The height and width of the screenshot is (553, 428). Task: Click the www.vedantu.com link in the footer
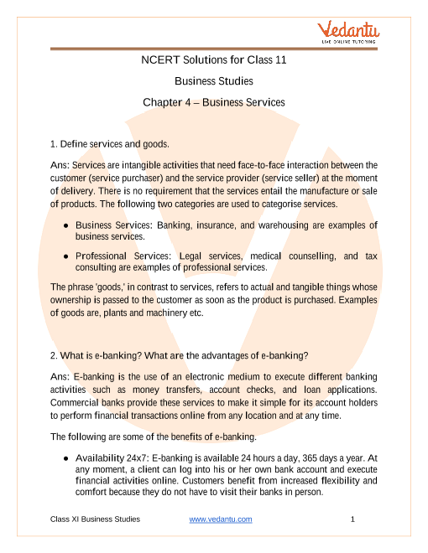(x=221, y=520)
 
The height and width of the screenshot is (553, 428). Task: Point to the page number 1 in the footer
(x=353, y=520)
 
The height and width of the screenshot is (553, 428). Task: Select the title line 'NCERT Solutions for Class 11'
(x=213, y=60)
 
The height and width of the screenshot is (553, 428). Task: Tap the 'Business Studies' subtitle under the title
(x=213, y=81)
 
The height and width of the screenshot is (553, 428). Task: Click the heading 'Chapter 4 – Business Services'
(x=213, y=102)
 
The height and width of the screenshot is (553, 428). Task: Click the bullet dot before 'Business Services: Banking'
(x=66, y=226)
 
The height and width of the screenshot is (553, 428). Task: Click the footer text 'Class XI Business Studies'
(x=95, y=520)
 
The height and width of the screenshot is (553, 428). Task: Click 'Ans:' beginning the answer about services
(x=60, y=165)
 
